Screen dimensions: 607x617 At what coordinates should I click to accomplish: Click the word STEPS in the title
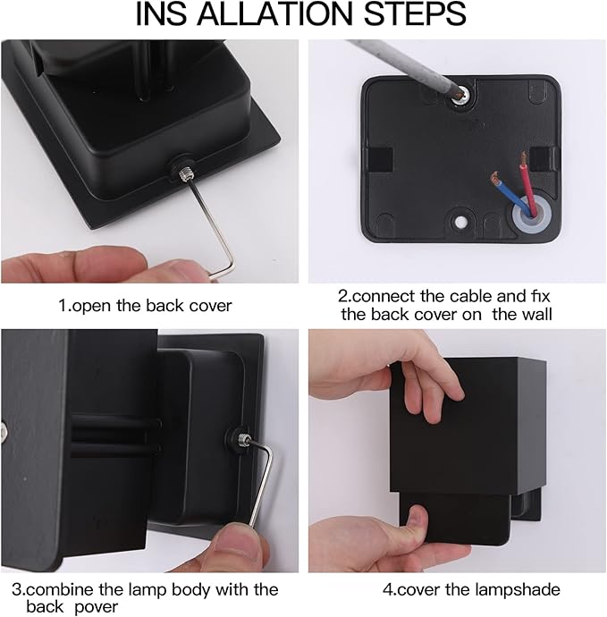click(x=415, y=14)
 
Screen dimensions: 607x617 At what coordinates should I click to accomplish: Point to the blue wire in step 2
click(x=510, y=194)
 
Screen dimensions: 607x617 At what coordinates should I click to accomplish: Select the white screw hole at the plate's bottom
click(x=459, y=222)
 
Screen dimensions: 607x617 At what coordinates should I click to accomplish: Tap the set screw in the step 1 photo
click(x=184, y=173)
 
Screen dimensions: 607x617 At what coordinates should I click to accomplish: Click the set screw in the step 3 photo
click(x=243, y=437)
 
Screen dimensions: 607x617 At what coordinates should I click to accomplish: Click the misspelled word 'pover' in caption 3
click(x=96, y=607)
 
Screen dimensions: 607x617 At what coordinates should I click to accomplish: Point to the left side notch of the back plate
click(x=381, y=159)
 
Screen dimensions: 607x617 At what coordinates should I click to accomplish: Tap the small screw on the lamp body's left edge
click(x=4, y=432)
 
